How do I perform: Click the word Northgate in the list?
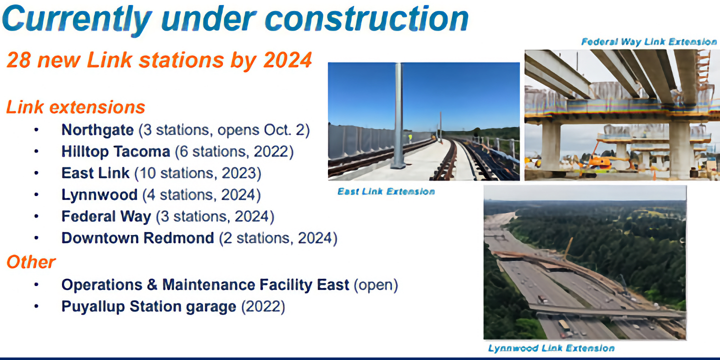pyautogui.click(x=97, y=130)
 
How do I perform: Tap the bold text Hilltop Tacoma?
pyautogui.click(x=115, y=151)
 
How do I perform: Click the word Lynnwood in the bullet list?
pyautogui.click(x=99, y=194)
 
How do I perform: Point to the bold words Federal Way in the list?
pyautogui.click(x=106, y=216)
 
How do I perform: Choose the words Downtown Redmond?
pyautogui.click(x=137, y=238)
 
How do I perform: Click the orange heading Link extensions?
pyautogui.click(x=75, y=107)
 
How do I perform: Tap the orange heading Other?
pyautogui.click(x=30, y=262)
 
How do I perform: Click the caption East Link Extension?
pyautogui.click(x=386, y=191)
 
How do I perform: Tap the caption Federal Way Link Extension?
pyautogui.click(x=648, y=42)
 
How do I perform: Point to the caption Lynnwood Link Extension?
pyautogui.click(x=551, y=348)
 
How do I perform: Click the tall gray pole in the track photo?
pyautogui.click(x=398, y=115)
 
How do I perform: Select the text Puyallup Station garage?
pyautogui.click(x=148, y=306)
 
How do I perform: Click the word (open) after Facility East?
pyautogui.click(x=375, y=285)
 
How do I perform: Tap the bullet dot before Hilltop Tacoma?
pyautogui.click(x=36, y=151)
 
